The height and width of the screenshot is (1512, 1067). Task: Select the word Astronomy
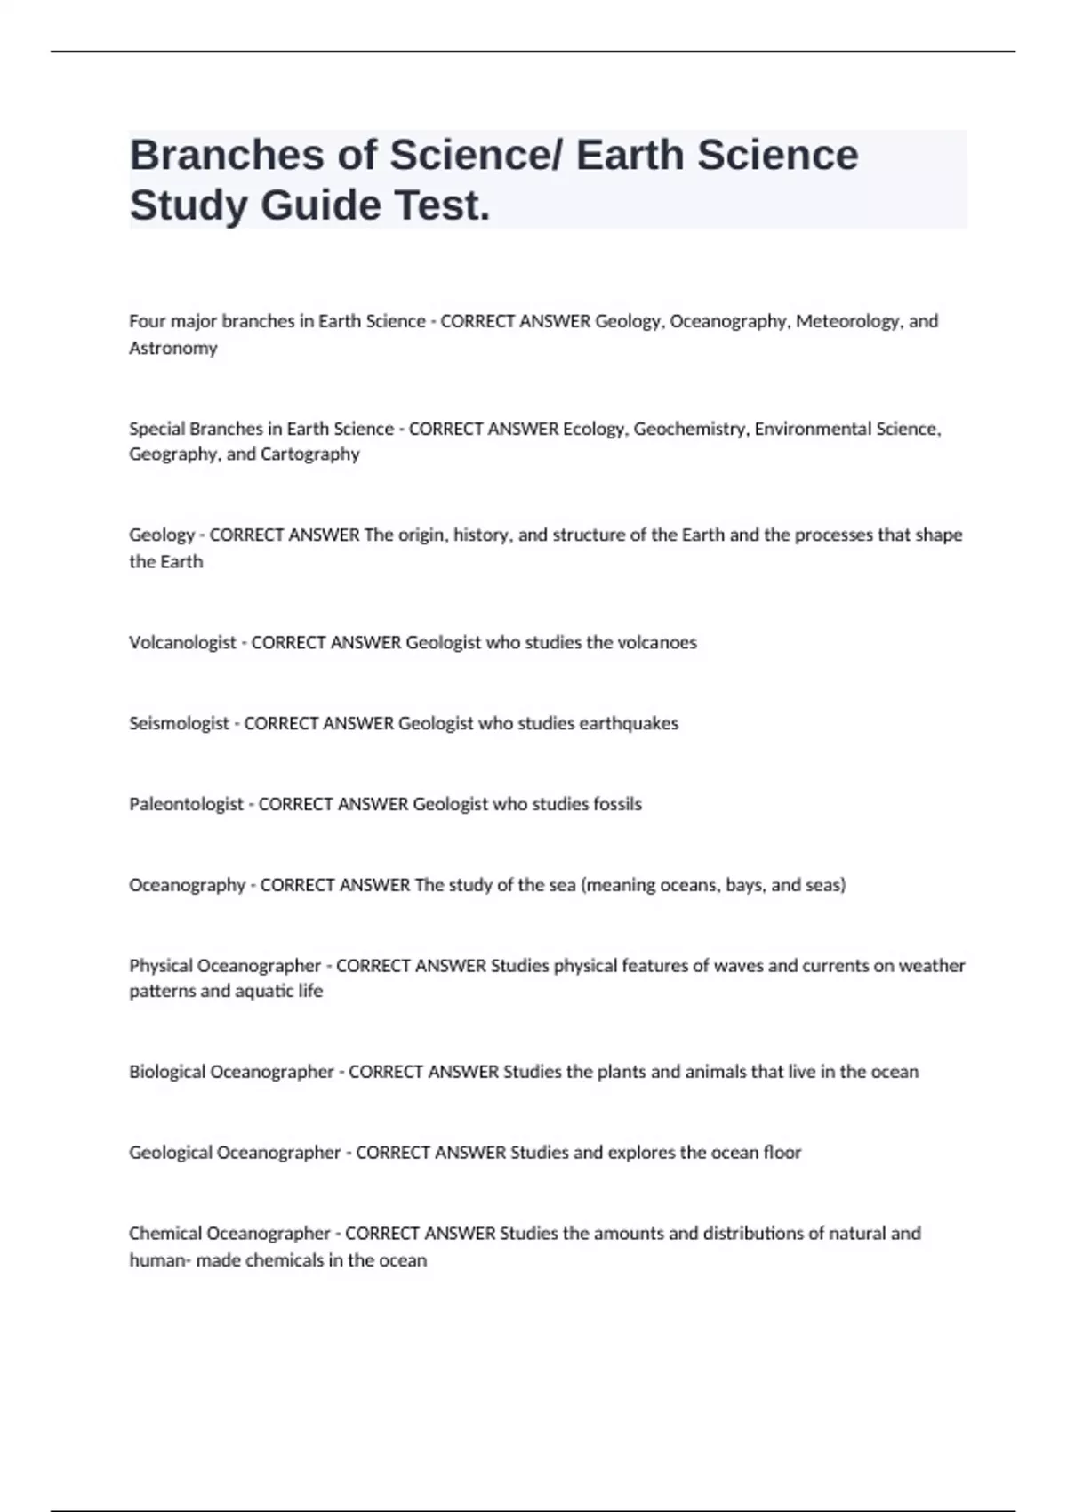[x=173, y=348]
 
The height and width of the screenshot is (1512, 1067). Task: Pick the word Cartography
[x=310, y=454]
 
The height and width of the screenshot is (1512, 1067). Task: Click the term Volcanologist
[x=182, y=642]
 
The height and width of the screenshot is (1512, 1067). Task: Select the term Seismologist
[x=179, y=723]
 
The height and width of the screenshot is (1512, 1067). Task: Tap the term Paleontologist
[x=186, y=804]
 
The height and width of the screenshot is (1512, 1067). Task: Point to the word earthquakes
[x=629, y=723]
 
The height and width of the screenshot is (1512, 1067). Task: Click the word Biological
[x=166, y=1072]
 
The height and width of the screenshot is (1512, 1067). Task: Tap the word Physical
[x=160, y=965]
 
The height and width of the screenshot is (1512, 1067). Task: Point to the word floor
[x=782, y=1153]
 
